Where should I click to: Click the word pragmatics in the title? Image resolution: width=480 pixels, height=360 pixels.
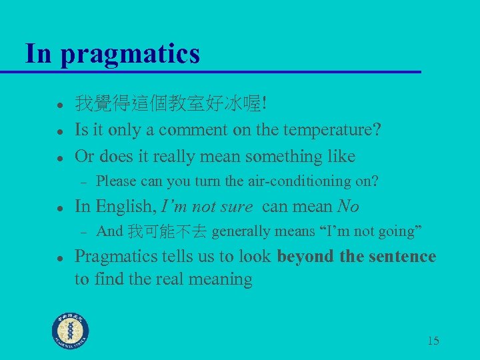[130, 54]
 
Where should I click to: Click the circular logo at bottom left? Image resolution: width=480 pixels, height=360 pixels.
[71, 331]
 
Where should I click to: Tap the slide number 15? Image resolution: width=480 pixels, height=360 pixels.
[433, 341]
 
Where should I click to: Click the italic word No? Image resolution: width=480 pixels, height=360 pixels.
[348, 207]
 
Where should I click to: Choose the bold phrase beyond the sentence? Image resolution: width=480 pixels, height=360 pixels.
[357, 257]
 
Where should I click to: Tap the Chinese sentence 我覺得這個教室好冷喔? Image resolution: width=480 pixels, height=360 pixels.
[170, 103]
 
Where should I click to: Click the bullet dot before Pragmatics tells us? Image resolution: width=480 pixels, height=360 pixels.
[59, 257]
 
